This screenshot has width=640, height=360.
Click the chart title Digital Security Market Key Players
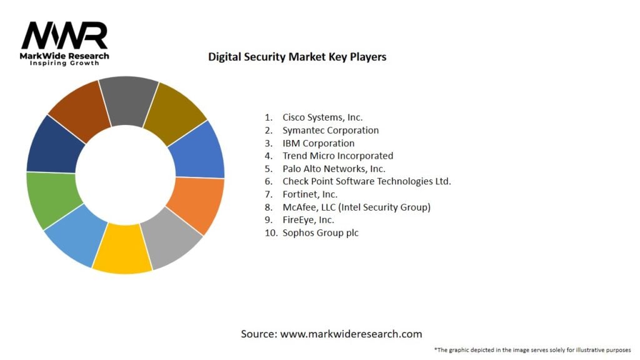click(x=297, y=57)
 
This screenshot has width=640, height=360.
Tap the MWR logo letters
click(x=64, y=36)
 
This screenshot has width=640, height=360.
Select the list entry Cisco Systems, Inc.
click(x=322, y=117)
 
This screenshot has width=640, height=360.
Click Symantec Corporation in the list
click(x=331, y=130)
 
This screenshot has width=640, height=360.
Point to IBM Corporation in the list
click(x=318, y=143)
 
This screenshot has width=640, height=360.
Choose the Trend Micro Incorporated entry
click(x=337, y=156)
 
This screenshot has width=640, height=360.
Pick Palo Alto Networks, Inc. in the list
click(x=334, y=169)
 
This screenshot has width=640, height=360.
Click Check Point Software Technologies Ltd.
click(x=366, y=181)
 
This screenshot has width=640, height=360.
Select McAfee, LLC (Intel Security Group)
click(x=356, y=207)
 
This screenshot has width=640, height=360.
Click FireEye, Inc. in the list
click(x=308, y=220)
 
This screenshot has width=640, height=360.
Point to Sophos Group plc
click(x=321, y=232)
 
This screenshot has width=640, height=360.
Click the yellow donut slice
click(x=122, y=248)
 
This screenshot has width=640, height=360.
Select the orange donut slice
click(x=196, y=205)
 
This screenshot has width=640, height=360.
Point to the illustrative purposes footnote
click(x=532, y=350)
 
